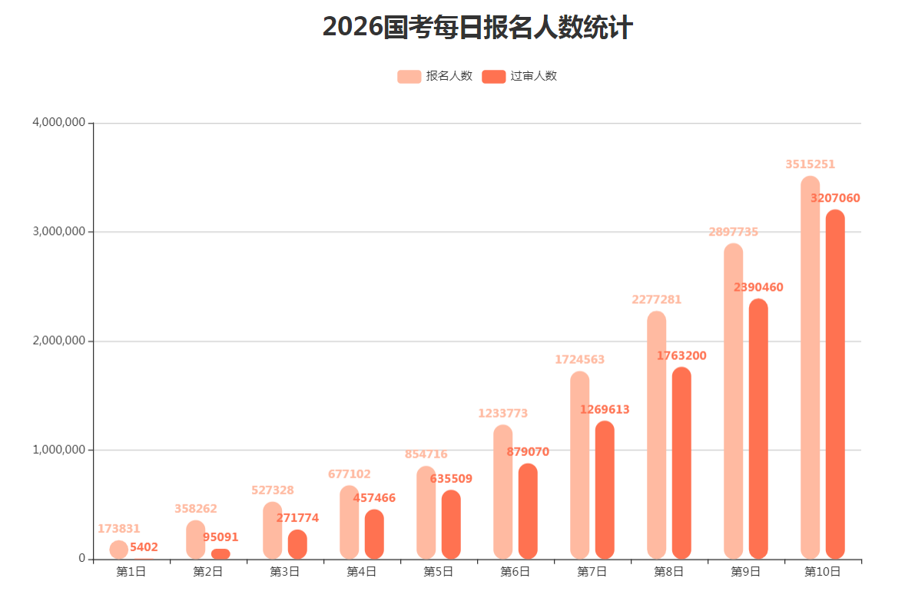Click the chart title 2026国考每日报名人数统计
(477, 28)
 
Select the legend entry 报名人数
(435, 76)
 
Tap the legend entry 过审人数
(519, 76)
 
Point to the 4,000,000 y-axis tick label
(58, 123)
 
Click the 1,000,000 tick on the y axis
(58, 450)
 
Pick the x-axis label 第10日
(822, 571)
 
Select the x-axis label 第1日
(131, 571)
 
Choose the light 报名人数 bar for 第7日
(579, 464)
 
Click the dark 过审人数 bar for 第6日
(528, 510)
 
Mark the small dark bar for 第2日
(220, 553)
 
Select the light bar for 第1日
(119, 550)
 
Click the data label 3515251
(810, 164)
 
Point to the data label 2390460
(758, 287)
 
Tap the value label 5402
(144, 547)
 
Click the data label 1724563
(579, 359)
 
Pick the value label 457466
(374, 498)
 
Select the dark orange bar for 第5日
(451, 524)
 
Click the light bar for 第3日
(272, 530)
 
